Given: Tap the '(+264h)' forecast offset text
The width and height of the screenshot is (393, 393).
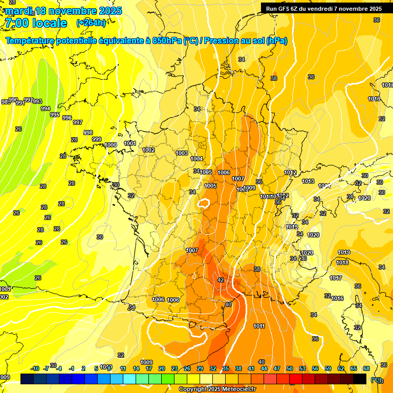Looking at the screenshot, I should pyautogui.click(x=91, y=23).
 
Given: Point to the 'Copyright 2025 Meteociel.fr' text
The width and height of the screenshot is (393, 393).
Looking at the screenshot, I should pyautogui.click(x=217, y=389).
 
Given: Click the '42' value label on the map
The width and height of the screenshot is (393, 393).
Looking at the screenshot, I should pyautogui.click(x=221, y=280).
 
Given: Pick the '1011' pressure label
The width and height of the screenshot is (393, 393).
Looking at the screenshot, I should pyautogui.click(x=259, y=326).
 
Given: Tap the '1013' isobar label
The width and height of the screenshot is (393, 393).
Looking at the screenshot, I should pyautogui.click(x=308, y=181).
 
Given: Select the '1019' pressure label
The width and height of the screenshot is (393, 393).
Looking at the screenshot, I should pyautogui.click(x=344, y=252).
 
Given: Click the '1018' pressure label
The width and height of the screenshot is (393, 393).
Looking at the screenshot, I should pyautogui.click(x=342, y=263).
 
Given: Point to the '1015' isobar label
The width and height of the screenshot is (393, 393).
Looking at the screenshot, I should pyautogui.click(x=292, y=227).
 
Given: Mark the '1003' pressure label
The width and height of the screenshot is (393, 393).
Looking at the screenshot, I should pyautogui.click(x=182, y=153).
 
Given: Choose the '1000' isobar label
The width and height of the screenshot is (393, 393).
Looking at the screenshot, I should pyautogui.click(x=111, y=145).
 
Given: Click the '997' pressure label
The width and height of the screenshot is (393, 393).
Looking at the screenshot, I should pyautogui.click(x=78, y=122).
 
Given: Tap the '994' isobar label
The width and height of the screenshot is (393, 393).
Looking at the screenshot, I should pyautogui.click(x=46, y=108).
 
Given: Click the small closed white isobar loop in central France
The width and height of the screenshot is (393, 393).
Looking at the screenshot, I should pyautogui.click(x=203, y=204).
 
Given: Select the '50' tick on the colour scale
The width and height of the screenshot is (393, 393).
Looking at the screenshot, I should pyautogui.click(x=290, y=368).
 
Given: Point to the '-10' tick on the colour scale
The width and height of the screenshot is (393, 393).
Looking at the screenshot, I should pyautogui.click(x=35, y=368).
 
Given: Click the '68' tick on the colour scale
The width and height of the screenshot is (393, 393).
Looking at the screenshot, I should pyautogui.click(x=366, y=368).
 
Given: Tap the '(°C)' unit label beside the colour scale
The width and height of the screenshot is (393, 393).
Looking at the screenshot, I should pyautogui.click(x=376, y=379).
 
